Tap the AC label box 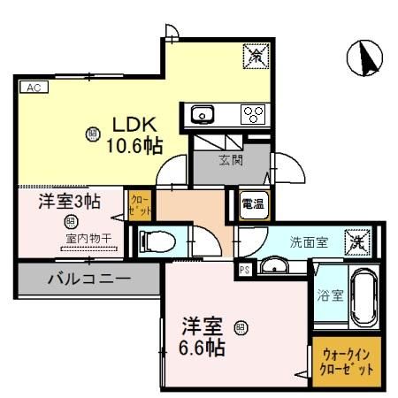click(32, 88)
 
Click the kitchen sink click(203, 114)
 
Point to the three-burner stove click(255, 113)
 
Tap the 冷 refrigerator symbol click(255, 57)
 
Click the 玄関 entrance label click(233, 160)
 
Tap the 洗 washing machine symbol click(357, 240)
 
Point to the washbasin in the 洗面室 click(277, 266)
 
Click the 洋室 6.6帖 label click(202, 335)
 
